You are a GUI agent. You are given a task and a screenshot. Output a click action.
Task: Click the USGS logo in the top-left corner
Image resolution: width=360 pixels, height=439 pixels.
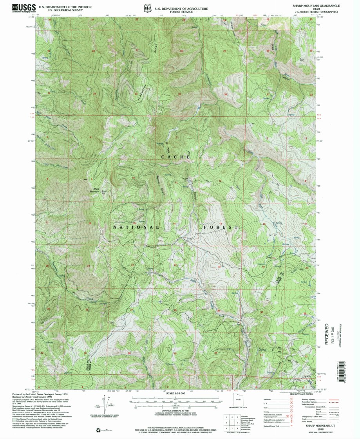24,8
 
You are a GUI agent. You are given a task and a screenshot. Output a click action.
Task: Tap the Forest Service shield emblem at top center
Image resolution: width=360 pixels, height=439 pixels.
148,8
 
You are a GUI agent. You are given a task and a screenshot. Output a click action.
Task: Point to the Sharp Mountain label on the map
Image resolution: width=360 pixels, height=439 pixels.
94,190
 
